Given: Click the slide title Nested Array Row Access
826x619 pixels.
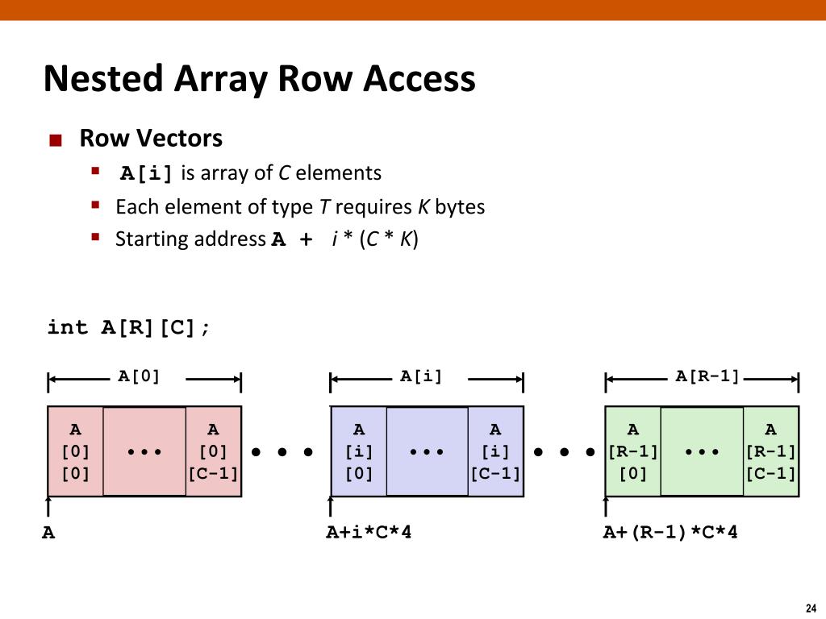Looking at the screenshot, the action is [x=259, y=79].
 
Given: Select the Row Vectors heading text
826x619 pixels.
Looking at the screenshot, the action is [x=151, y=138].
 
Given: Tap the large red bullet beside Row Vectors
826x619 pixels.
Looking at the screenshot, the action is [x=56, y=140].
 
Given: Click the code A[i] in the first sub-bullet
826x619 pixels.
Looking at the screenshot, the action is [x=147, y=173].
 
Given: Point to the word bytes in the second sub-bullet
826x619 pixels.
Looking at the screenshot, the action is [x=459, y=207].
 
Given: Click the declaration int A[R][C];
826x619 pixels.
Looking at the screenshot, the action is [x=128, y=327].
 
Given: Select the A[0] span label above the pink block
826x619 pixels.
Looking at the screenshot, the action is [x=139, y=376].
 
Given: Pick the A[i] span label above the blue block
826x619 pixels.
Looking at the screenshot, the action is [x=421, y=376].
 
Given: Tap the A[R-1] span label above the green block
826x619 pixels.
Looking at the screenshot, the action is [x=707, y=376].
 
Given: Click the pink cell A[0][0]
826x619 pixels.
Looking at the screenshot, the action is [x=75, y=451].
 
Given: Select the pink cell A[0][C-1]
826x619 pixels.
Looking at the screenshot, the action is [x=213, y=451].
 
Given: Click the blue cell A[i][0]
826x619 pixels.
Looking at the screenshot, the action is [x=359, y=451].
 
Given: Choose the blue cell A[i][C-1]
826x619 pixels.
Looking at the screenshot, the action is [x=496, y=451].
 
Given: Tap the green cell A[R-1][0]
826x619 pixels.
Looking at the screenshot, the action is [x=633, y=451].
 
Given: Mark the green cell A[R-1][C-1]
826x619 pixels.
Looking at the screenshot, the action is [x=770, y=451].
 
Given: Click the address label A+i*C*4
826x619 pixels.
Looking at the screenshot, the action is [x=369, y=532].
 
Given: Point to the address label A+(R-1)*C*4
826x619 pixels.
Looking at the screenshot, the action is [x=670, y=532].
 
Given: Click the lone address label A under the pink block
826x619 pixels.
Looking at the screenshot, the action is [x=48, y=533].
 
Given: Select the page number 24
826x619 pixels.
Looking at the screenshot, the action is [x=811, y=608].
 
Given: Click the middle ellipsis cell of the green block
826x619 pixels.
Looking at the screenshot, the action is [x=703, y=451].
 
